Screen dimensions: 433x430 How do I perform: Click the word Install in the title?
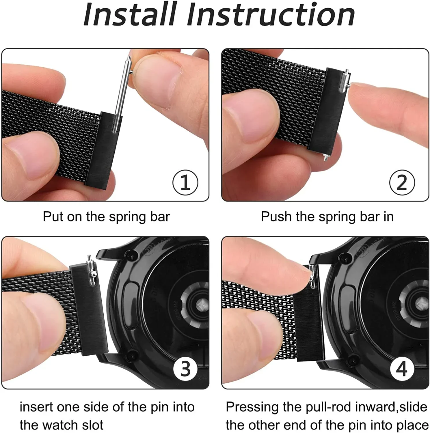(x=130, y=14)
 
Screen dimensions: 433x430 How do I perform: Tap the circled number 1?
(x=185, y=182)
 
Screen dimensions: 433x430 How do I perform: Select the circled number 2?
(x=402, y=182)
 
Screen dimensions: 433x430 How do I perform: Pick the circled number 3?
(x=185, y=369)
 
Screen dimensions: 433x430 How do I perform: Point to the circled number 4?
(x=402, y=369)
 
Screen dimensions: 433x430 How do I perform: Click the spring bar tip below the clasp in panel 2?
(x=325, y=158)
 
